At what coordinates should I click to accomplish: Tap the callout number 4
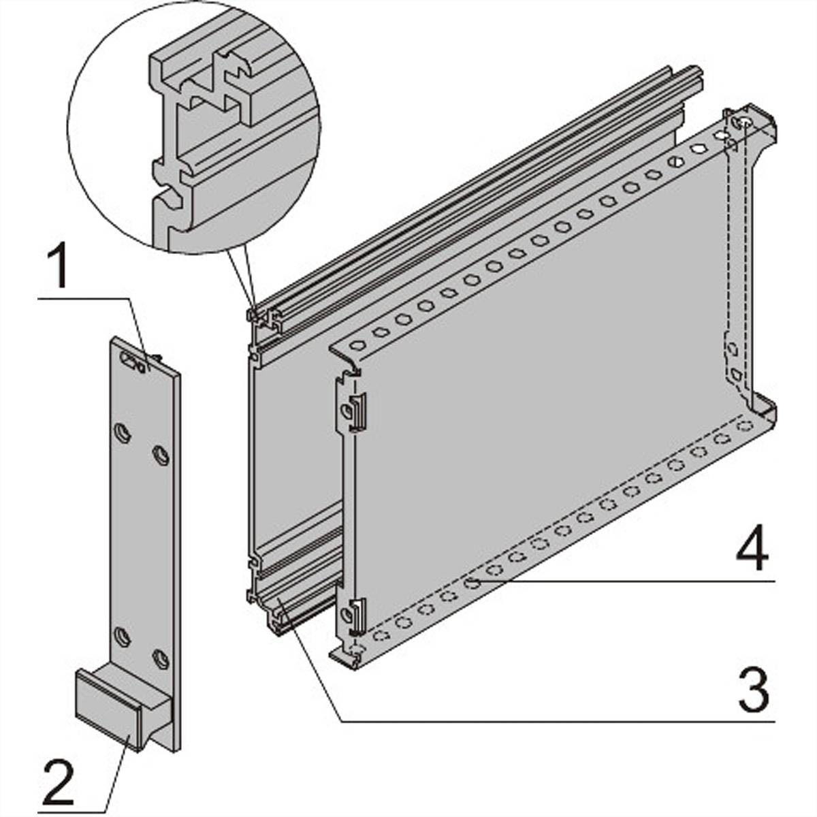tap(752, 547)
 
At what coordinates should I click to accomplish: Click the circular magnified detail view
tap(194, 127)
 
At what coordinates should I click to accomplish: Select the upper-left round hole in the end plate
tap(123, 433)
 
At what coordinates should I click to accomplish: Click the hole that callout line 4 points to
tap(472, 583)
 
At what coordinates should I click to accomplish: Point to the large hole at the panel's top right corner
tap(746, 123)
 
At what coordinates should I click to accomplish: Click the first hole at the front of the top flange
tap(357, 345)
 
